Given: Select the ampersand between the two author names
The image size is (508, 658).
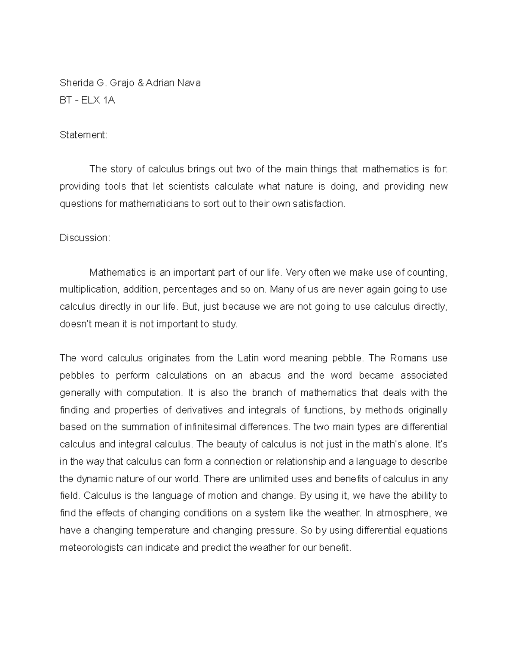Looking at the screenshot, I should pyautogui.click(x=140, y=83).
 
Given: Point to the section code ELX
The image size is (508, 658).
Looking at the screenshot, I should pyautogui.click(x=91, y=100).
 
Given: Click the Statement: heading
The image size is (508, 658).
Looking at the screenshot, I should pyautogui.click(x=84, y=135).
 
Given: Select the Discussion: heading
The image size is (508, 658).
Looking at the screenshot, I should pyautogui.click(x=85, y=238).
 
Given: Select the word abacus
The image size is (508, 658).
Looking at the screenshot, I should pyautogui.click(x=265, y=376).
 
